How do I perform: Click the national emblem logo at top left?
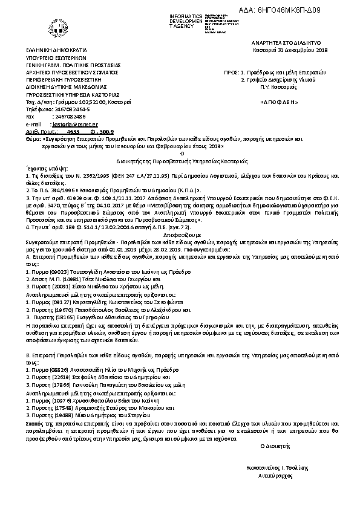[54, 30]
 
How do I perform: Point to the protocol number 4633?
[73, 131]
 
